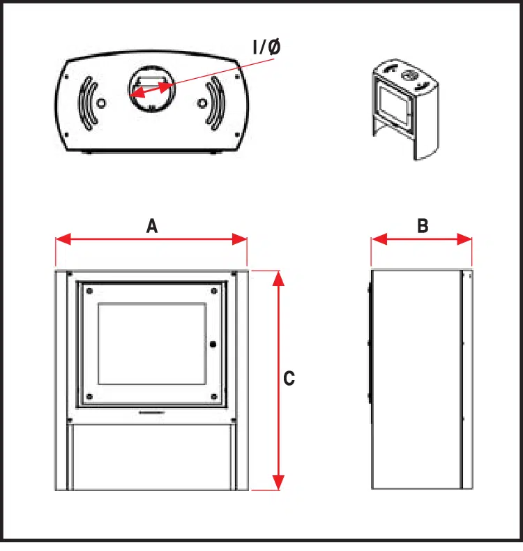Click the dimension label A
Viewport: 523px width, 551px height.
152,226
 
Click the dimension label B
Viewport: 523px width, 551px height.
423,226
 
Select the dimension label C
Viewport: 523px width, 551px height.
289,379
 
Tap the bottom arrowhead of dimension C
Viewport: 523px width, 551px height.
278,483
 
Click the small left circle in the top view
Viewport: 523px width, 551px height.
102,103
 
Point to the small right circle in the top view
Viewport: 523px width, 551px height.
202,103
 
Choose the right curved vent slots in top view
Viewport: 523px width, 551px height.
216,103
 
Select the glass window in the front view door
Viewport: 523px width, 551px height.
152,343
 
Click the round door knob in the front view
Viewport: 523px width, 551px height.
213,343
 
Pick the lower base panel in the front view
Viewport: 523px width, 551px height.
152,457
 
